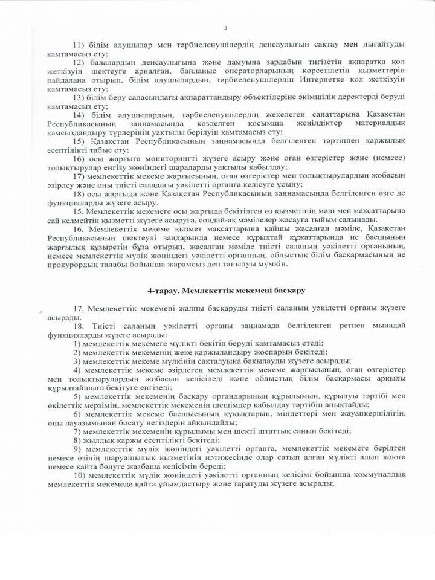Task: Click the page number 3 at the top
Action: click(x=225, y=28)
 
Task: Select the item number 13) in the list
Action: click(x=79, y=97)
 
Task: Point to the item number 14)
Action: click(x=79, y=115)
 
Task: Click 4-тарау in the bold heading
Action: click(x=164, y=291)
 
